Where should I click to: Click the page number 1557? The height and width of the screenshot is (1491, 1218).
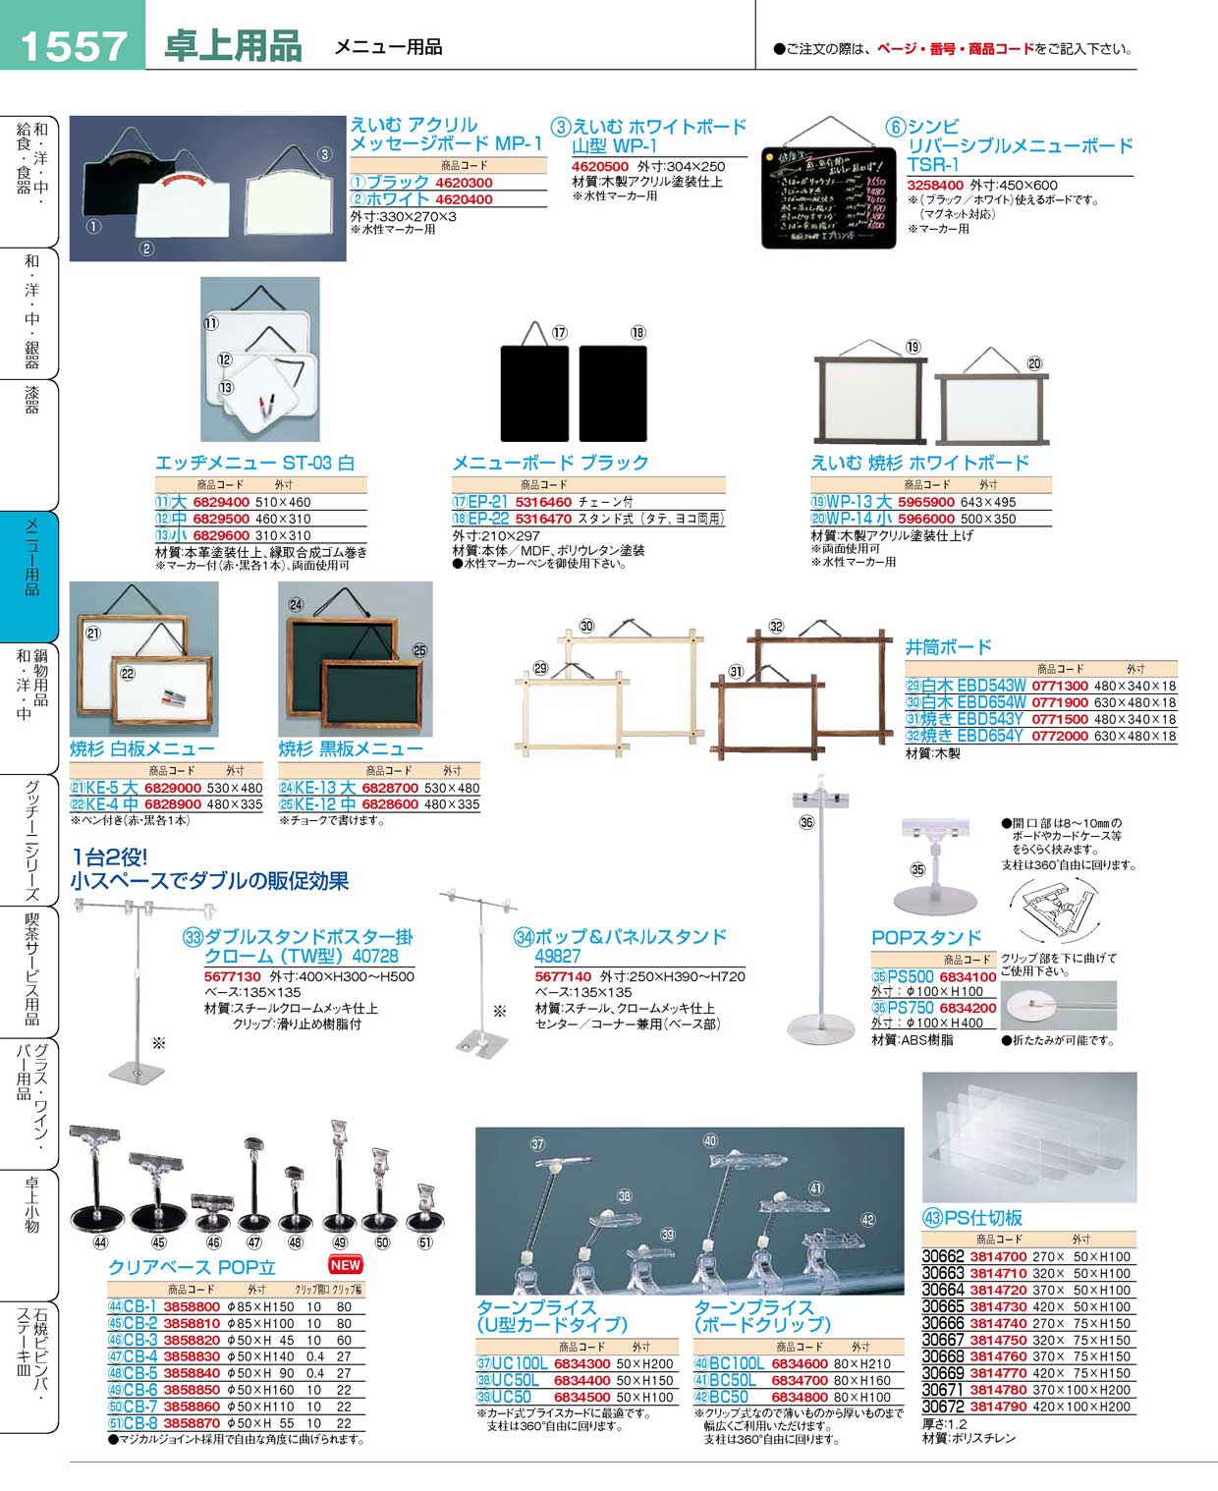(73, 44)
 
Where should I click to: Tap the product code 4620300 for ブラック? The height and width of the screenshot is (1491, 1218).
(464, 183)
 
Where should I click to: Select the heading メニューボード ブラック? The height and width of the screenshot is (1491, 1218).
(550, 463)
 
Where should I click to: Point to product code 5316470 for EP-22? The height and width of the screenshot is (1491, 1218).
(543, 519)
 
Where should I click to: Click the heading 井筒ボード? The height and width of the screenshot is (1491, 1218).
(948, 646)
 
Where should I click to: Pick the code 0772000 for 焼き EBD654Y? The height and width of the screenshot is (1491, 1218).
(1060, 736)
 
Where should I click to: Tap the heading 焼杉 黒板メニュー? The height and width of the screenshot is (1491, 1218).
(351, 748)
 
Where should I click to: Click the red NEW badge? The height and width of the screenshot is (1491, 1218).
(346, 1264)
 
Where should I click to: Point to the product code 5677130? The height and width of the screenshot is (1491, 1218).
(233, 977)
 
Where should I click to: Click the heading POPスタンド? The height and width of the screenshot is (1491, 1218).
(926, 937)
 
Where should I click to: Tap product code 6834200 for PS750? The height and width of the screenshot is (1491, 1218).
(968, 1008)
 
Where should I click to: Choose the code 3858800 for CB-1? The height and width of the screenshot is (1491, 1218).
(192, 1307)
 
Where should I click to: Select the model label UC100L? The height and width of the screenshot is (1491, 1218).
(520, 1364)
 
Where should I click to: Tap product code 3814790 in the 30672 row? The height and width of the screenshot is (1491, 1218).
(998, 1407)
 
